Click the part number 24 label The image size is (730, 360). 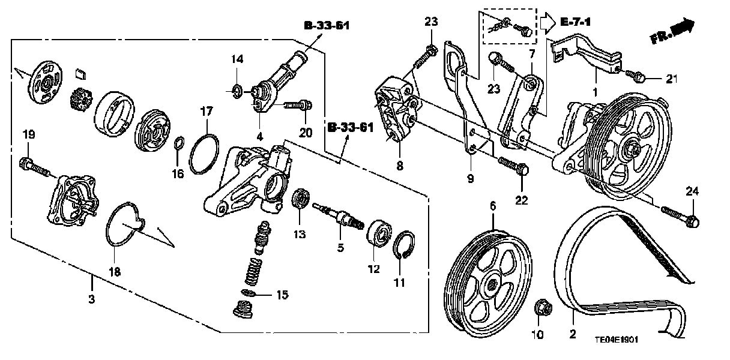[x=692, y=191]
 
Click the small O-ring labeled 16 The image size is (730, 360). [x=178, y=144]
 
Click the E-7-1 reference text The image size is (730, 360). [x=576, y=22]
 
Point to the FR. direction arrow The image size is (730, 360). [x=672, y=31]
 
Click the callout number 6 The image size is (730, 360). [x=493, y=206]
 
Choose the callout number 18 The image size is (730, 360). [x=114, y=271]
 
